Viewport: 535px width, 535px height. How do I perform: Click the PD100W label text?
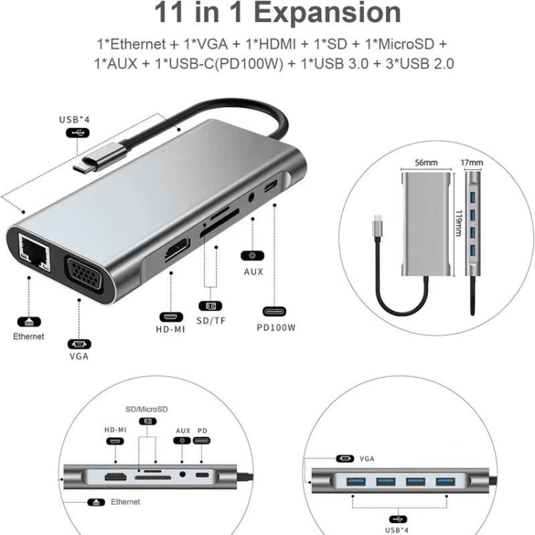pos(277,328)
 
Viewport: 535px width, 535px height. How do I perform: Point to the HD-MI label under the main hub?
pos(171,330)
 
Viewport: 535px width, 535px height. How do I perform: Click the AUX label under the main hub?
pos(253,272)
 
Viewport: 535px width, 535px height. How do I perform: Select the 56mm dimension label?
pos(426,163)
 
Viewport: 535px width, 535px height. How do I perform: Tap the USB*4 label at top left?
pos(74,119)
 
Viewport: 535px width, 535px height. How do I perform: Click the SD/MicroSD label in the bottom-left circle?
pos(146,409)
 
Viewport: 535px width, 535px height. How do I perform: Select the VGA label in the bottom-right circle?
pos(367,459)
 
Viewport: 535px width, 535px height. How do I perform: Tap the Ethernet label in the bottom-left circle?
pos(125,501)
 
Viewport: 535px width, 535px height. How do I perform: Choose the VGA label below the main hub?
pos(79,356)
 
